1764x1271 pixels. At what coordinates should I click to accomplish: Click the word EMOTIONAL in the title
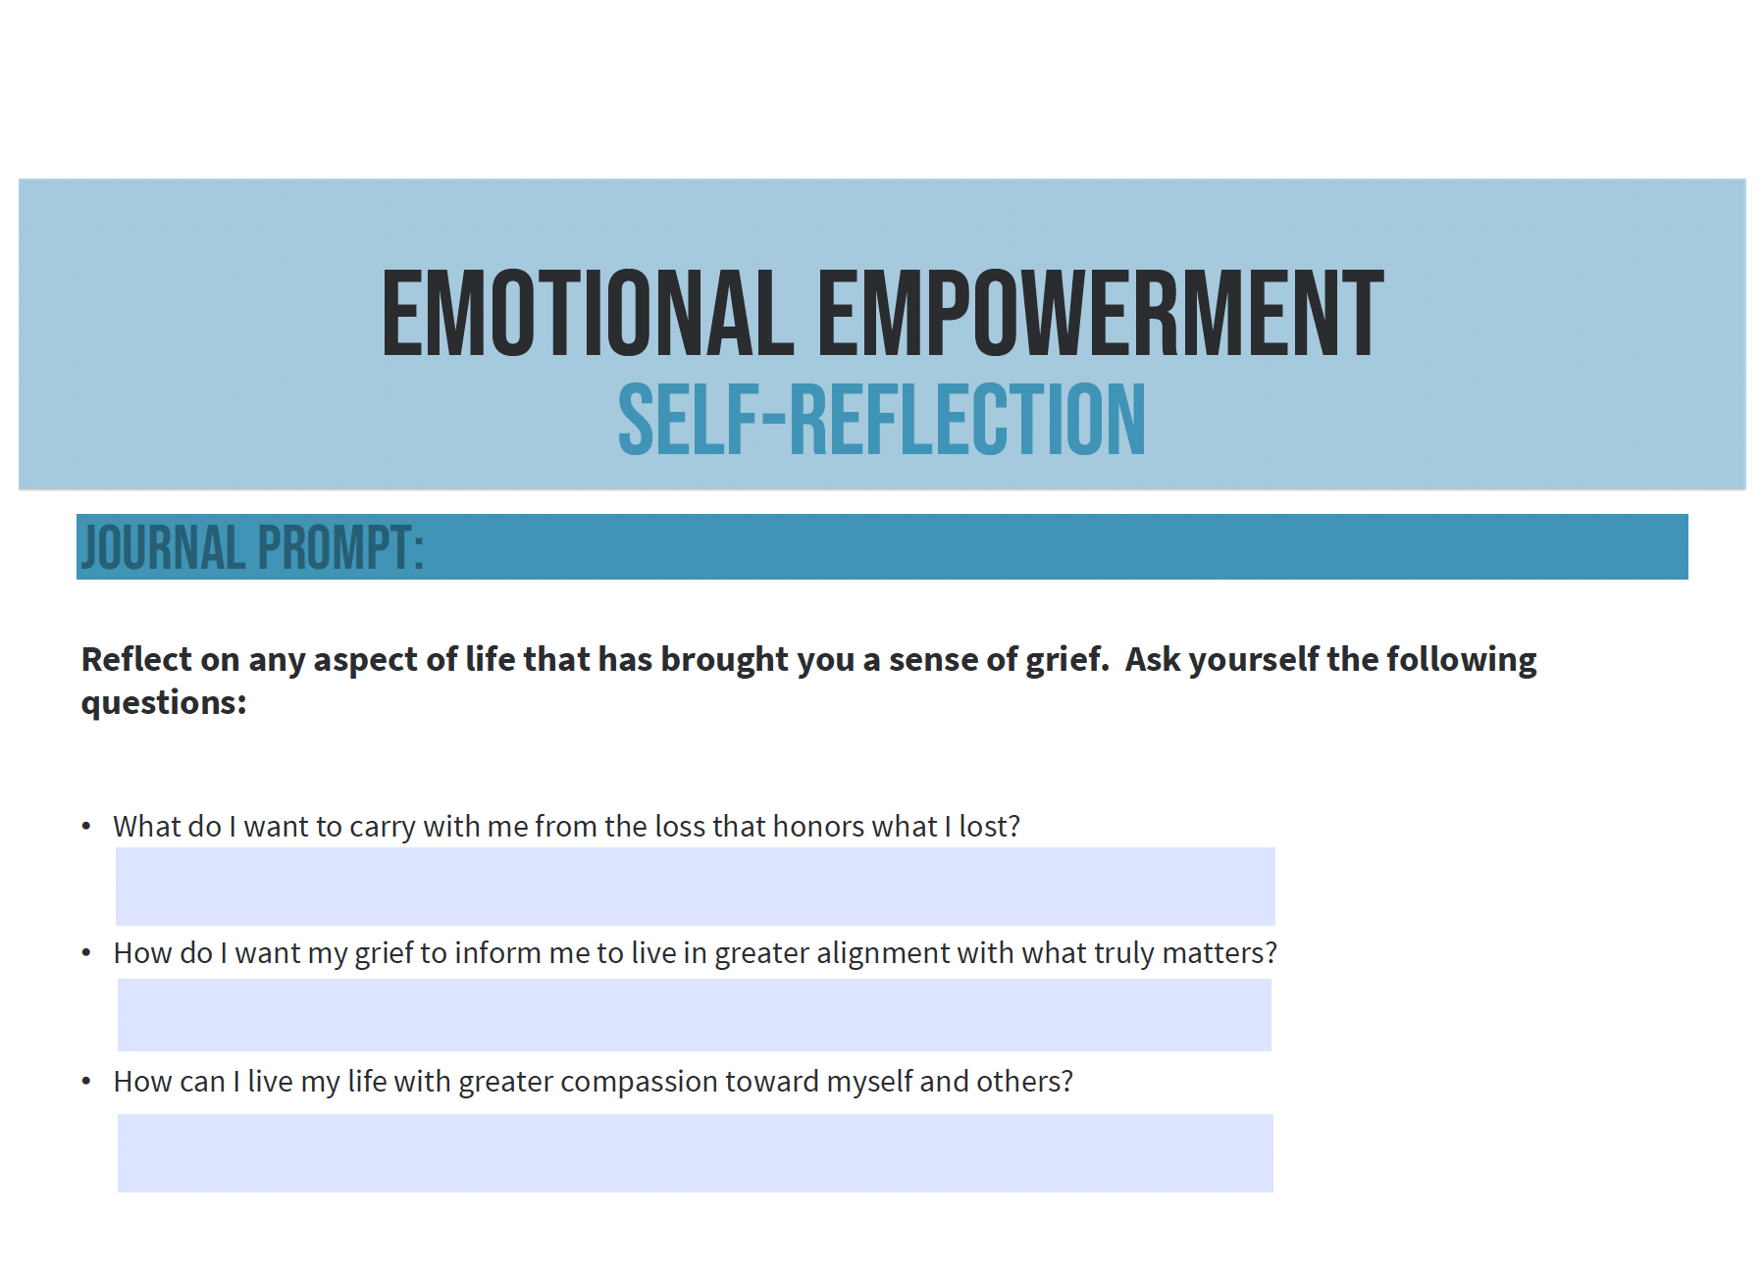(588, 314)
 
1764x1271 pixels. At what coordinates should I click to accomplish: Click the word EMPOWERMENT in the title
(1101, 314)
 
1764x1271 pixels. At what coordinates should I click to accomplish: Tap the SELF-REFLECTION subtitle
(881, 420)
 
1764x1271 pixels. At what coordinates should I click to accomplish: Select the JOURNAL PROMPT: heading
(252, 547)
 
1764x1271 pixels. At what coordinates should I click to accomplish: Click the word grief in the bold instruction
(1067, 660)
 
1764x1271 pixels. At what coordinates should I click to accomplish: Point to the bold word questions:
(164, 703)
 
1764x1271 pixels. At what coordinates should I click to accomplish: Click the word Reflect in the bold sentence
(137, 659)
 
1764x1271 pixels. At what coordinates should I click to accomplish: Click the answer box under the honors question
(696, 887)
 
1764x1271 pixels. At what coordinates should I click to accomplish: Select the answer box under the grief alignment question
(695, 1015)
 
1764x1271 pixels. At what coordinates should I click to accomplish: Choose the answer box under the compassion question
(696, 1153)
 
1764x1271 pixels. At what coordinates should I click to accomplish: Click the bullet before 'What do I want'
(86, 827)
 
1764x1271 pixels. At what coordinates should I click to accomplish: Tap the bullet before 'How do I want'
(86, 952)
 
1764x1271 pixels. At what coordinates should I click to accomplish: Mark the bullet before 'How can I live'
(86, 1081)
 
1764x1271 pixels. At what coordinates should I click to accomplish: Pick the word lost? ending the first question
(990, 827)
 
